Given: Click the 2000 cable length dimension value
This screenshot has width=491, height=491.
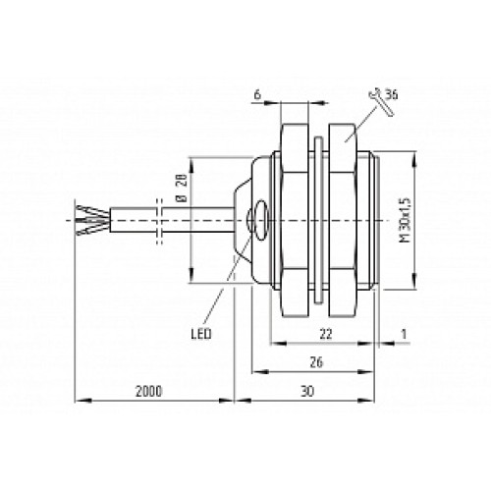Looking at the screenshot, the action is (149, 391).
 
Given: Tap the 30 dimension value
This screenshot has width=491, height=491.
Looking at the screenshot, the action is (307, 391).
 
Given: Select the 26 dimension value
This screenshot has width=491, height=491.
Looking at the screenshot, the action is (316, 362).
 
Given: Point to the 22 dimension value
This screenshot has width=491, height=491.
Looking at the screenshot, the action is (326, 334).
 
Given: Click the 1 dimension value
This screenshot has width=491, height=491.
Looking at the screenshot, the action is (404, 334).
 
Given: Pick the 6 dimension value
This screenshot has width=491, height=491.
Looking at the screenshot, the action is (257, 94).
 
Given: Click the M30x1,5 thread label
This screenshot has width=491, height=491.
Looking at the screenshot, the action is (406, 220).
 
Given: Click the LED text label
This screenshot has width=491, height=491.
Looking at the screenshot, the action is (201, 334).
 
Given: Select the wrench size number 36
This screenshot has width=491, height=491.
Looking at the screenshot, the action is (391, 95).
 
